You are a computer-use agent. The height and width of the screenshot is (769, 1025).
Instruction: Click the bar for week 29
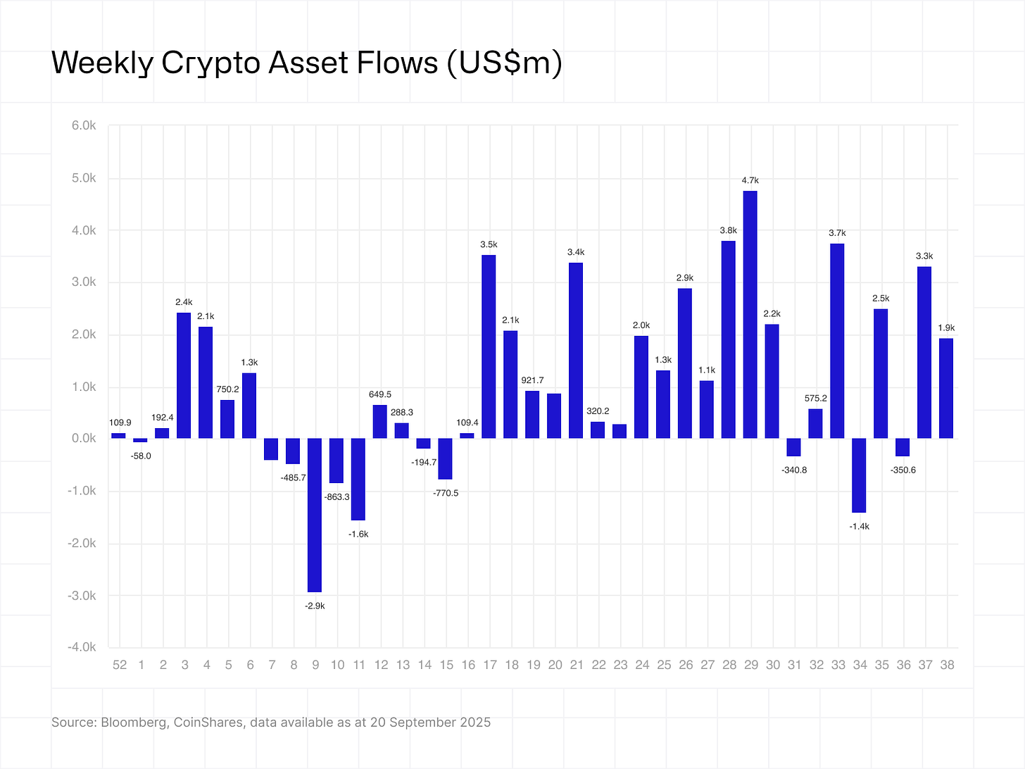pos(750,315)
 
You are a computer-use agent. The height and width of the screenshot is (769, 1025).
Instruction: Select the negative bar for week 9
pos(315,515)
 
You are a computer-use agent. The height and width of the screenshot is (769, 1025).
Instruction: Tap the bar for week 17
pos(489,346)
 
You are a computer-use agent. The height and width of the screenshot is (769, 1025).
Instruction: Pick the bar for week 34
pos(859,475)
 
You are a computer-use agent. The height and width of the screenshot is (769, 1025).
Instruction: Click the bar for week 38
pos(946,388)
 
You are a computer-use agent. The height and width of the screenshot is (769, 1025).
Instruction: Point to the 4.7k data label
pos(750,181)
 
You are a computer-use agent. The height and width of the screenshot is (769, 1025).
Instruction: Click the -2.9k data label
pos(315,606)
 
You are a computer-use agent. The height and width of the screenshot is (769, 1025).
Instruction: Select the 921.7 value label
pos(532,380)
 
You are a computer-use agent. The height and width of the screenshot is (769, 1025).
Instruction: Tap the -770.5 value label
pos(445,493)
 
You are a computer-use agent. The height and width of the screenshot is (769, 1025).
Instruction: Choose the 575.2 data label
pos(815,399)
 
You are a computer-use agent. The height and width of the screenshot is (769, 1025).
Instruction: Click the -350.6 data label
pos(903,470)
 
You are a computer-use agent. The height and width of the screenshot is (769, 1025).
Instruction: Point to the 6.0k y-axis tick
pos(84,126)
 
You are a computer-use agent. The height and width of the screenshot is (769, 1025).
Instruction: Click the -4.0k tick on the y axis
pos(82,647)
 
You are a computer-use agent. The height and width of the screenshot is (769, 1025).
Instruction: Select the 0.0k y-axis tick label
pos(84,439)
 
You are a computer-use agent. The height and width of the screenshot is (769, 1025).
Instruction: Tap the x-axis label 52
pos(120,665)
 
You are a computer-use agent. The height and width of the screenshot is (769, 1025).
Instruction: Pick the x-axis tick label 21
pos(576,665)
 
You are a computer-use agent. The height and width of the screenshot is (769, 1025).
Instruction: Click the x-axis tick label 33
pos(837,665)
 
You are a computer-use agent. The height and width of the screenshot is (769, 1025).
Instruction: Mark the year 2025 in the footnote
pos(476,723)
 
